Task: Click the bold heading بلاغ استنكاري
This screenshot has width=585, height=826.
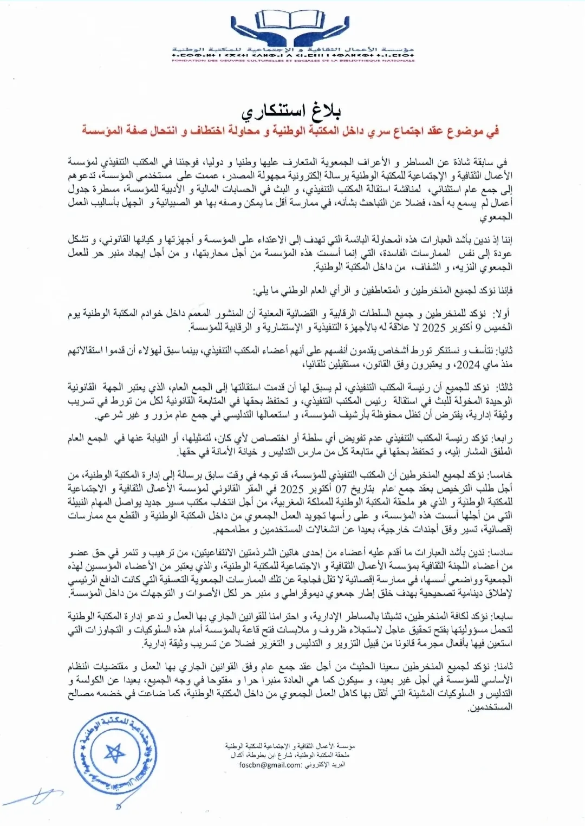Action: [x=293, y=112]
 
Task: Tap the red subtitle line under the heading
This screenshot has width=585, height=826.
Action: [x=291, y=131]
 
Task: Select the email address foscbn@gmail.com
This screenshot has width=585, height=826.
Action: [x=270, y=765]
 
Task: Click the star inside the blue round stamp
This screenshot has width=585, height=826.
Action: [x=115, y=752]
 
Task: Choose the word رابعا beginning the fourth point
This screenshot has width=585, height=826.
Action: [x=502, y=438]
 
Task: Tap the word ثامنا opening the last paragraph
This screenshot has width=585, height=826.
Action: [x=502, y=666]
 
